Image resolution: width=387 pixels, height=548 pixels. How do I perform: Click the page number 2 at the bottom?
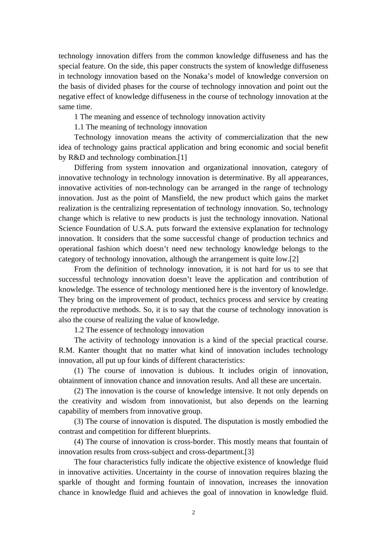193,513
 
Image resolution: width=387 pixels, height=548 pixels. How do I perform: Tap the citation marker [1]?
182,157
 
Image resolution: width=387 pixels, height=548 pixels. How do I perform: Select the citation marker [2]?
294,259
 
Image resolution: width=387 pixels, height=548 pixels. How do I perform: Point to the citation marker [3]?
249,452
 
